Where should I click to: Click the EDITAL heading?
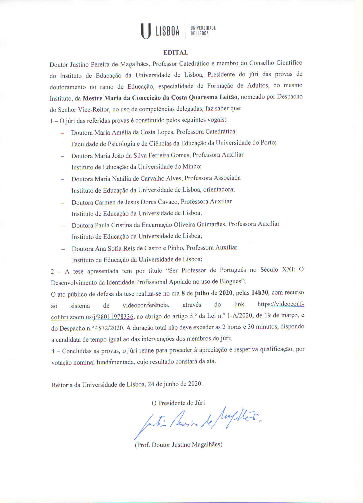point(176,53)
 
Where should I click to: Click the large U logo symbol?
point(146,31)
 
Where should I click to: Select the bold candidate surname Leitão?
point(228,97)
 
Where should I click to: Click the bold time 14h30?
point(260,293)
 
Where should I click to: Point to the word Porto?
point(268,142)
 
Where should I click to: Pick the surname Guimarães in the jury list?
point(211,224)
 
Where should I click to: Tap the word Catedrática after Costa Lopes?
point(220,131)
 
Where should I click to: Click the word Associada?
point(227,178)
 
